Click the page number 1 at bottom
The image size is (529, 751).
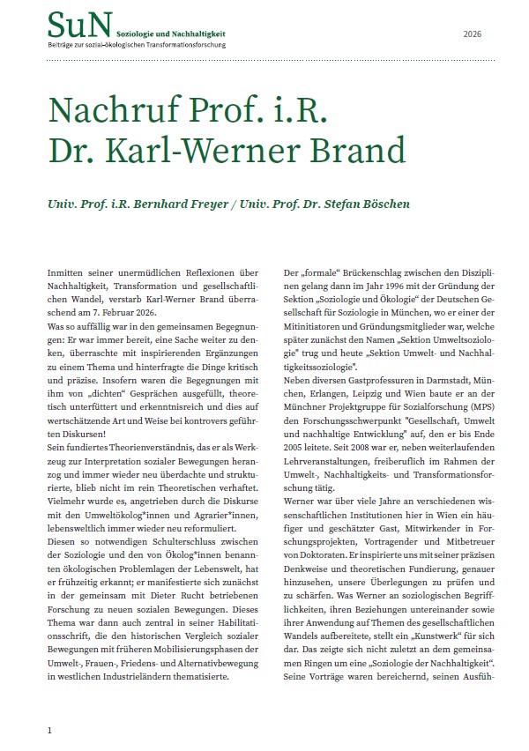click(50, 730)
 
